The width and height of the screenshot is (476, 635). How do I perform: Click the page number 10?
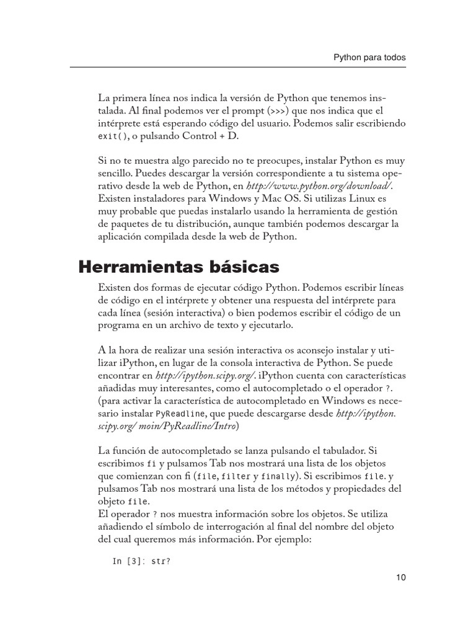click(x=400, y=578)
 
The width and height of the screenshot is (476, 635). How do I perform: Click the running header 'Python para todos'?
click(x=370, y=57)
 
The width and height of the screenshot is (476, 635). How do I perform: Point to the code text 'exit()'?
click(x=112, y=137)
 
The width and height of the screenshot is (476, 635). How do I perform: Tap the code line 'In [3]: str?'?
click(x=141, y=562)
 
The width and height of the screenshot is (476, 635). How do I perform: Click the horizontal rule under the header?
click(x=238, y=67)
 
